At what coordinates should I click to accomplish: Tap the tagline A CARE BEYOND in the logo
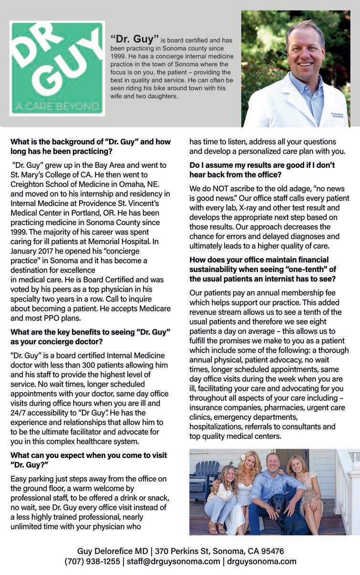coord(57,105)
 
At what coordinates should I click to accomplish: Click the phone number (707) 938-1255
coord(92,562)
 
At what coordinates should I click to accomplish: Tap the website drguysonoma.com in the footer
coord(262,562)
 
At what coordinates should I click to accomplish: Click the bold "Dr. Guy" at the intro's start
coord(134,37)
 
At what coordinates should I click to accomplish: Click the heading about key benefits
coord(90,336)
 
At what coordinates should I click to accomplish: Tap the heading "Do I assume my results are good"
coord(262,169)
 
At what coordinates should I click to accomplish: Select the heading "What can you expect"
coord(89,460)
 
